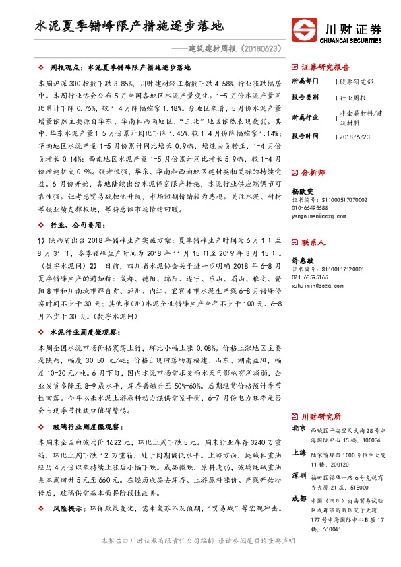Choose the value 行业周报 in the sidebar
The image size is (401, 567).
coord(356,97)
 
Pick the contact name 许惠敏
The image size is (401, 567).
coord(302,259)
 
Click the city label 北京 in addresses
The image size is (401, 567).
coord(299,428)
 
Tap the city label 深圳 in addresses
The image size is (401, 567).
coord(299,475)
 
